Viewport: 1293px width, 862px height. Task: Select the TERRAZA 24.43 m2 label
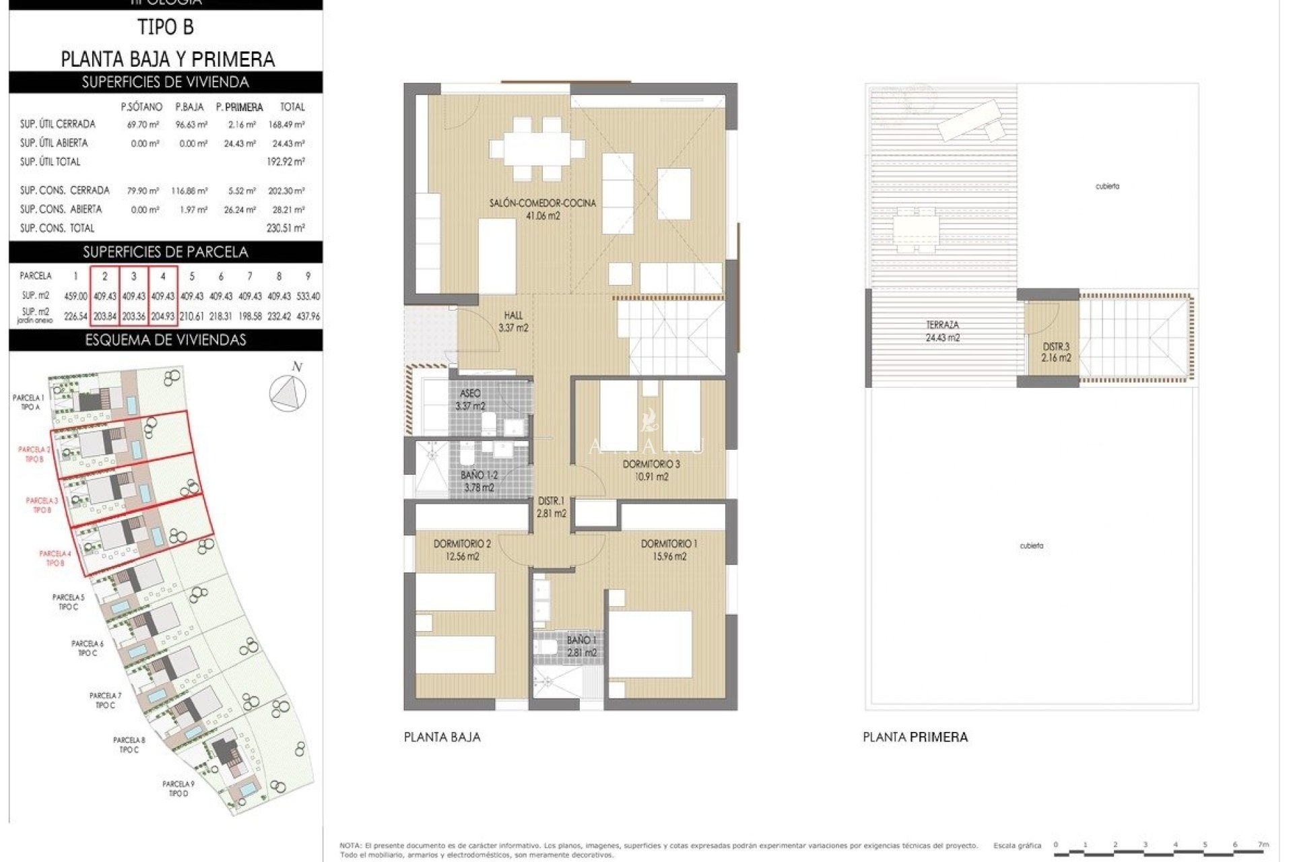pos(942,331)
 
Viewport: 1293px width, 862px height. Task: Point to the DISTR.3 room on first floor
pos(1055,352)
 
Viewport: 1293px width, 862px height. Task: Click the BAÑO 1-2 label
pos(479,481)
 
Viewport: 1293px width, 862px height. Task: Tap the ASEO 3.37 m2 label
pos(470,399)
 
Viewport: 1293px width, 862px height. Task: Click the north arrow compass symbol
pos(288,392)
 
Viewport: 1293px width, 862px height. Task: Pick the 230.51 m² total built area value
pos(286,228)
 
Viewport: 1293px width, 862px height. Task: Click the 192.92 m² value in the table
pos(286,162)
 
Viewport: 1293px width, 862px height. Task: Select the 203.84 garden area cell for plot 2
pos(105,316)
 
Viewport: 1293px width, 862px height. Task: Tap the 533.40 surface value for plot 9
pos(308,296)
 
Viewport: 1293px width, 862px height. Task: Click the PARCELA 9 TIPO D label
pos(178,789)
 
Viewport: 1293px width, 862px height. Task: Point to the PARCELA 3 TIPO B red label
pos(42,505)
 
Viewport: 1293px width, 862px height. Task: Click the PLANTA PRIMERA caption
pos(915,737)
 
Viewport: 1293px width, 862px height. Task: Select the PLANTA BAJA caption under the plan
pos(442,737)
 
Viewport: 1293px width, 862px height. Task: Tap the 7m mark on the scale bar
pos(1263,844)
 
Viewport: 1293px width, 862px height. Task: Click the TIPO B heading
pos(166,28)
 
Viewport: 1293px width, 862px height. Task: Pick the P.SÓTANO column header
pos(141,107)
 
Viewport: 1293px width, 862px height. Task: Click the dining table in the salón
pos(537,147)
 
